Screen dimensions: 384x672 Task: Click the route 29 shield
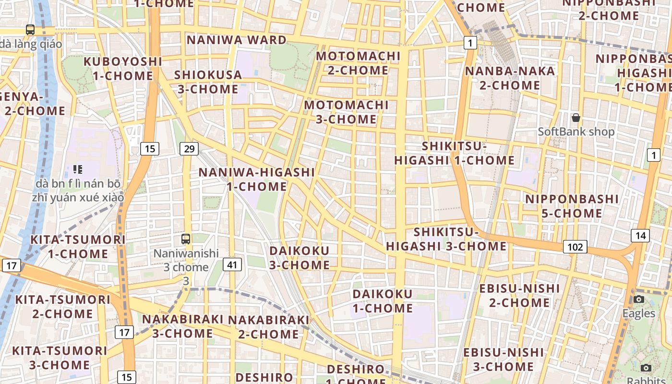(189, 149)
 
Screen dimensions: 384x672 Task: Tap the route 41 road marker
(232, 264)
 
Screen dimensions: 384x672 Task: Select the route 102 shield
(575, 247)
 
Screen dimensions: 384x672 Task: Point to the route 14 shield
(640, 235)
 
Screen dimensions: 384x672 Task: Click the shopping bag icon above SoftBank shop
(576, 118)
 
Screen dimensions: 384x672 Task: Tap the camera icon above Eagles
(638, 300)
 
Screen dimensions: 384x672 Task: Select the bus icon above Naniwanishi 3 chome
(186, 239)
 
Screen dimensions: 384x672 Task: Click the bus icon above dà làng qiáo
(30, 30)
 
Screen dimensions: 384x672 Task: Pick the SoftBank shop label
(576, 132)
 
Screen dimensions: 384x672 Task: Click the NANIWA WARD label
(237, 40)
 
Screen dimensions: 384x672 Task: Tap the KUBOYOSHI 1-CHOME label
(123, 69)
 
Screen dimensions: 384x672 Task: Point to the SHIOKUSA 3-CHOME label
(208, 82)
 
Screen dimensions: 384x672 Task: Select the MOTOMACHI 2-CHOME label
(358, 63)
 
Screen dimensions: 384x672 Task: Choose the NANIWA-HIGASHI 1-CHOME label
(257, 179)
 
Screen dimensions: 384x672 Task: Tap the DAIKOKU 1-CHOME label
(383, 301)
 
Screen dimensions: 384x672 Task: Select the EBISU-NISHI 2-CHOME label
(519, 295)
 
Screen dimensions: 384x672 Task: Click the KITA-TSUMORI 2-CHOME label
(63, 307)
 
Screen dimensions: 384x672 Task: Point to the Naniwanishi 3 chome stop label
(186, 267)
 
